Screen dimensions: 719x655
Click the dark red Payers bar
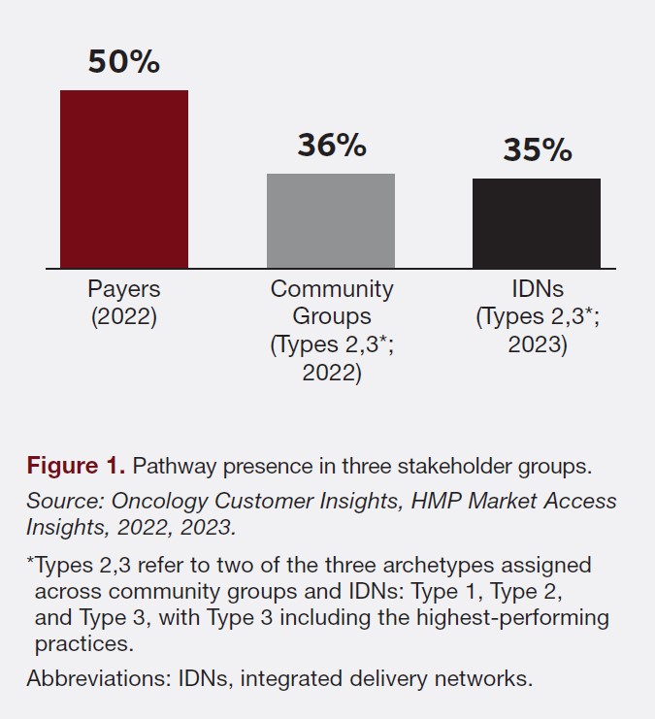pos(123,179)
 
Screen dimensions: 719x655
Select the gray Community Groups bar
pos(330,220)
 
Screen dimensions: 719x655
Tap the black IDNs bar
pos(536,223)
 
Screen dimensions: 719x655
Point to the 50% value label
pos(123,61)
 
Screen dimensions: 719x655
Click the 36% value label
pos(331,146)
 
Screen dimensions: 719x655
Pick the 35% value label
pos(537,150)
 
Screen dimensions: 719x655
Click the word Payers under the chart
pos(123,289)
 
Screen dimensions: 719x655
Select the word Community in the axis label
pos(332,289)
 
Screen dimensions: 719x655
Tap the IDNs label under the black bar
pos(537,289)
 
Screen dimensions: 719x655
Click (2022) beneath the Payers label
pos(123,317)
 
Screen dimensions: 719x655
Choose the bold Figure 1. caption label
pos(76,466)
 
